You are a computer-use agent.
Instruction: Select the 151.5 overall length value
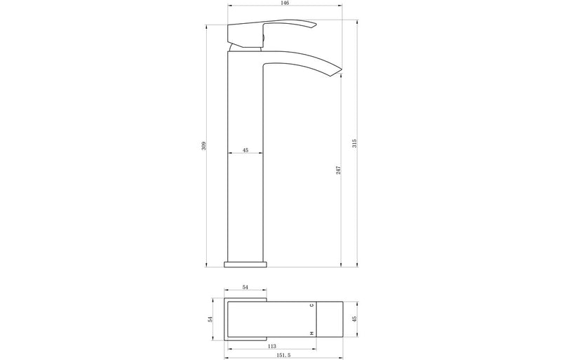283,356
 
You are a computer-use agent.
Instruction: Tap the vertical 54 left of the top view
210,319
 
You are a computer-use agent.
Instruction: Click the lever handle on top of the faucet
270,31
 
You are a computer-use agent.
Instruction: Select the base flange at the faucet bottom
245,264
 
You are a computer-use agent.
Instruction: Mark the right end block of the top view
330,319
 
